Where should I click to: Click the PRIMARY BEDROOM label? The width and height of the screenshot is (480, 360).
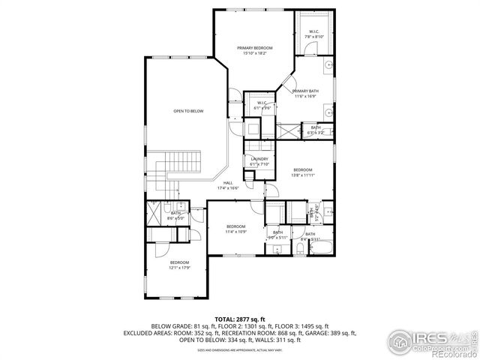[x=254, y=48]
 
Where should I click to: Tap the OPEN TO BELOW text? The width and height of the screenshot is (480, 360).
[x=188, y=111]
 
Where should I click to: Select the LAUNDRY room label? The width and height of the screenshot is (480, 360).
[x=259, y=159]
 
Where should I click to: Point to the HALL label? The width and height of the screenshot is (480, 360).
[x=227, y=183]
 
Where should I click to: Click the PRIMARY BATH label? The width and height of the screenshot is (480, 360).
[x=305, y=91]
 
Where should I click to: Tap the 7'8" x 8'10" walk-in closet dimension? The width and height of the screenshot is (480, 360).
[x=313, y=36]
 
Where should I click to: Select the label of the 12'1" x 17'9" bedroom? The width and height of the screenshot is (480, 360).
[x=178, y=262]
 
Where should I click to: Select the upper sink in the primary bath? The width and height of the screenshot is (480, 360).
[x=328, y=67]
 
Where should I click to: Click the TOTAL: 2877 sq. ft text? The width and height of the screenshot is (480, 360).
[x=240, y=319]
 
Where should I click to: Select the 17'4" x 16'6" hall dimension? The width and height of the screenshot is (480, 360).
[x=227, y=188]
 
